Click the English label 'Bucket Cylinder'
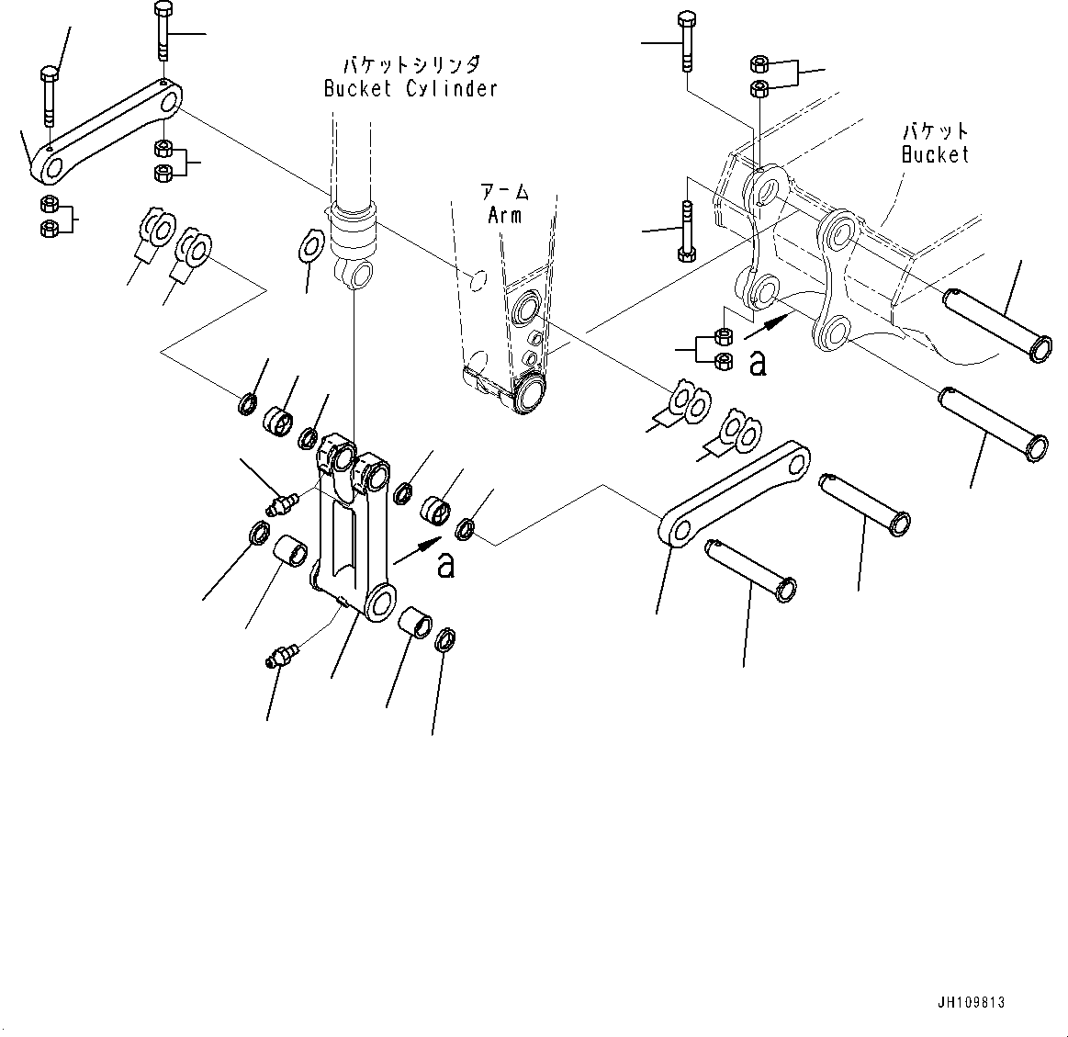click(410, 89)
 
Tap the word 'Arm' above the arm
click(504, 215)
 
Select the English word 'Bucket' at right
click(935, 154)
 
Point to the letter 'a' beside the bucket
click(758, 363)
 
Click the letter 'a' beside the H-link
click(445, 565)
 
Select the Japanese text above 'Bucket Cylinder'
click(410, 65)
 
